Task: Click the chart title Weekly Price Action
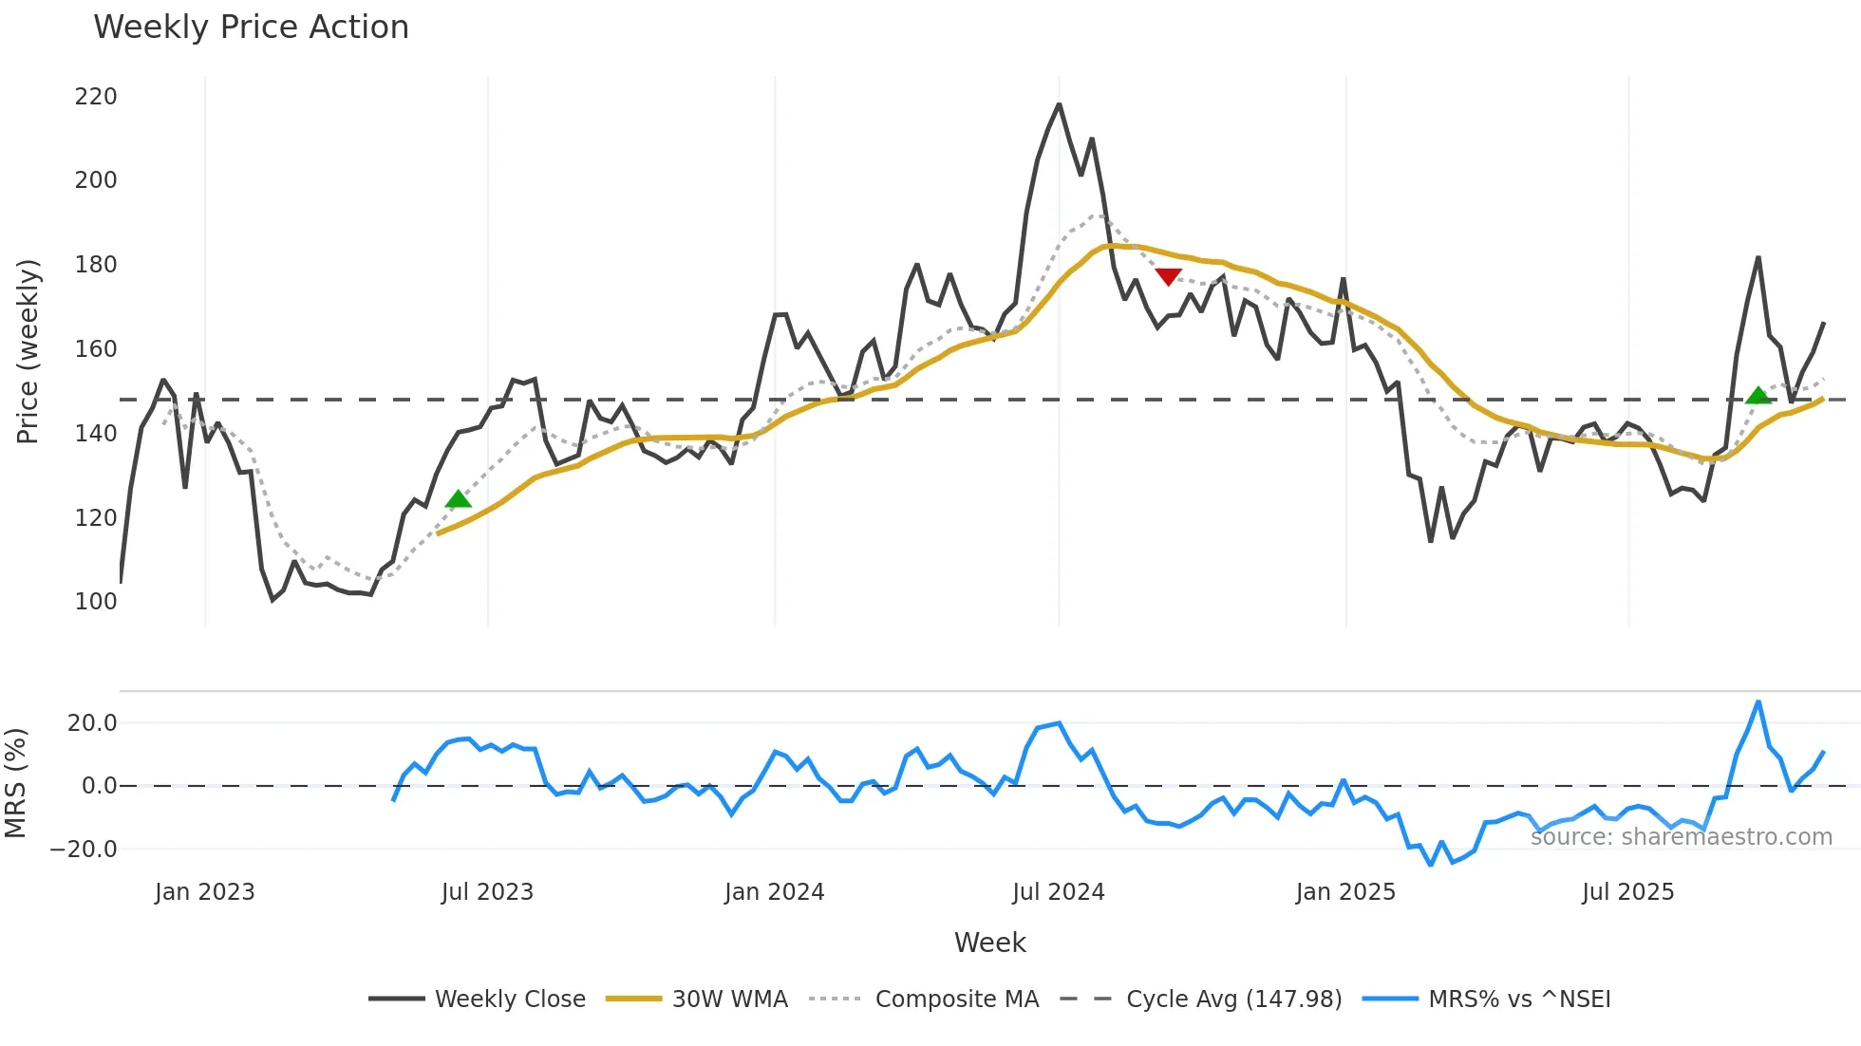251,28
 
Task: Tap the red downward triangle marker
1168,276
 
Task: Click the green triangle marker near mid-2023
459,499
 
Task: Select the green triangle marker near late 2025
1758,395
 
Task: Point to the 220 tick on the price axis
96,97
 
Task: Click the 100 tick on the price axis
96,602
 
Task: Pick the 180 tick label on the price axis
96,265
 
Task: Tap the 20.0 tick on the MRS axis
92,723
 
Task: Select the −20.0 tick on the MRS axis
84,850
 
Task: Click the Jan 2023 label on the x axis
205,892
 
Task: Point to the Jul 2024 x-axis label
1059,892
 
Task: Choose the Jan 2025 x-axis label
1345,892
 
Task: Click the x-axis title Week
989,943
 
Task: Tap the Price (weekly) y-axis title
28,351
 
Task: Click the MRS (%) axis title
16,783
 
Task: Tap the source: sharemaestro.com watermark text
1681,837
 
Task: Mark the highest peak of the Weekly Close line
1060,104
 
